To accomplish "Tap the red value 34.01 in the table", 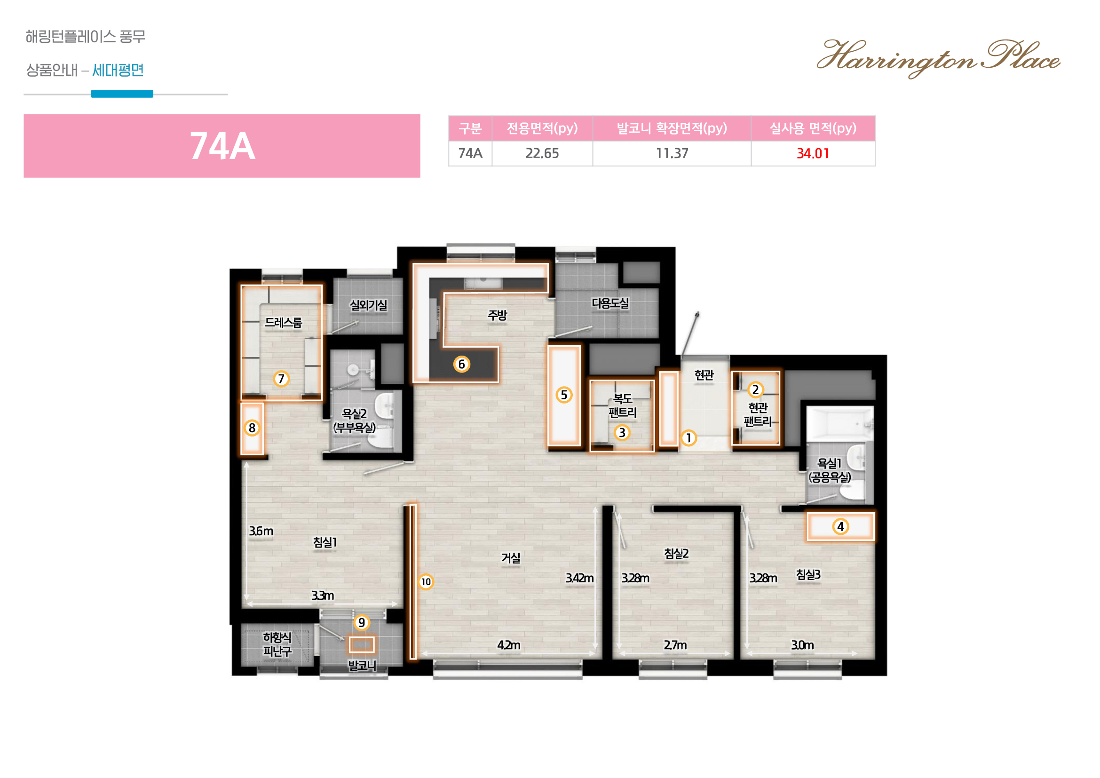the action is tap(813, 153).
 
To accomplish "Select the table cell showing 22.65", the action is tap(542, 153).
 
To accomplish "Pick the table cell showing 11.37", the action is tap(672, 153).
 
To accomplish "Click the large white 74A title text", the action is tap(222, 146).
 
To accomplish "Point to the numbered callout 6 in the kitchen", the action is tap(461, 365).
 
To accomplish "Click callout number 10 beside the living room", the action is tap(426, 582).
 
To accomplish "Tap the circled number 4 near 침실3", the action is tap(840, 526).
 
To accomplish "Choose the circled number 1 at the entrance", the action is tap(688, 438).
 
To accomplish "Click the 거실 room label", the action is tap(511, 558).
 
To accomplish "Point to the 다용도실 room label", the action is tap(610, 303).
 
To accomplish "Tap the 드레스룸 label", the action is tap(284, 322).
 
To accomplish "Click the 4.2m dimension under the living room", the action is tap(508, 645).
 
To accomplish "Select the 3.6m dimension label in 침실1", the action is tap(261, 531).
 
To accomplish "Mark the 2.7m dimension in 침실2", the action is tap(675, 645).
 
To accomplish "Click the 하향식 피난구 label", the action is tap(277, 644).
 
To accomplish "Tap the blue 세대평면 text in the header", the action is tap(118, 71).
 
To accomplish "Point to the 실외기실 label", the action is tap(368, 305).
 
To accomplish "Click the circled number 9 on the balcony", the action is tap(362, 623).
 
